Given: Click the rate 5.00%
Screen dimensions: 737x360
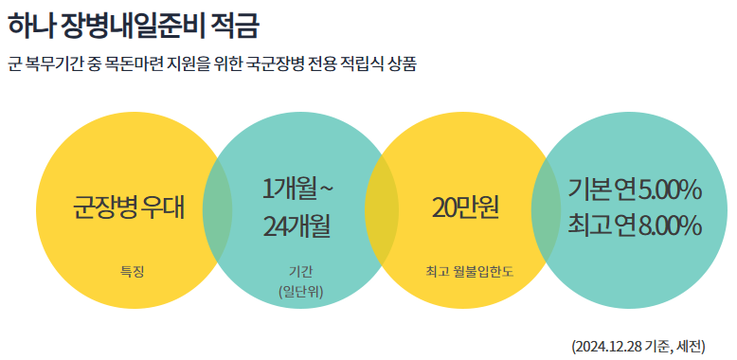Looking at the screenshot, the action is (670, 189).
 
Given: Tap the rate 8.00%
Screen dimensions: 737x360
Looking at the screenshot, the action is (670, 225).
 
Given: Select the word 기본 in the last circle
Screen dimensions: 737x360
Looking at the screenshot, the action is (588, 189).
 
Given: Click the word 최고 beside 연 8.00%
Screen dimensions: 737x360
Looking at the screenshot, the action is (588, 225).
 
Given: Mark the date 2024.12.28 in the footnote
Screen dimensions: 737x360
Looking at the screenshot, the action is (607, 346).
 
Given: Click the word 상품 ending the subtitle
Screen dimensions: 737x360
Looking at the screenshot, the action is (403, 64).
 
